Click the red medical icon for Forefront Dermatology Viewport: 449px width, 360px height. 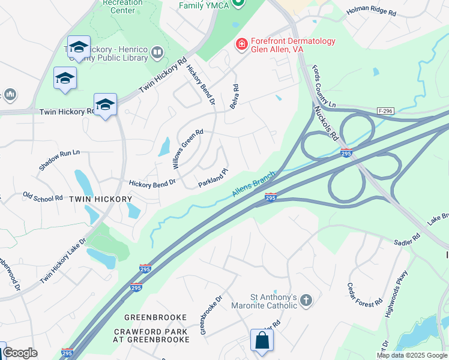[x=241, y=44]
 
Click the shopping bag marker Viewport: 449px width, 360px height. [x=262, y=341]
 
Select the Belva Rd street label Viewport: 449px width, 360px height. [x=235, y=97]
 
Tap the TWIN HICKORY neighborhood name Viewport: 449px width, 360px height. [x=100, y=199]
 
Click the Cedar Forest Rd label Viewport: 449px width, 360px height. [x=366, y=295]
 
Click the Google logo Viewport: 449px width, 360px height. [x=20, y=353]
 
